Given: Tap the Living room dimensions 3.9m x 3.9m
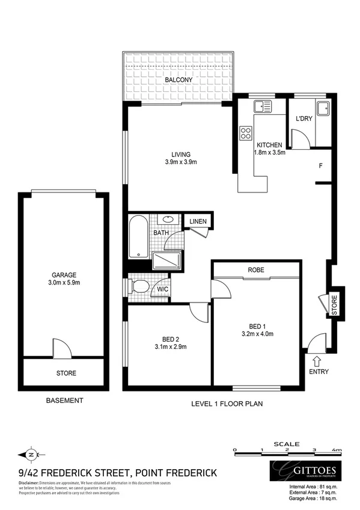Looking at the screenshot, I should pyautogui.click(x=181, y=162).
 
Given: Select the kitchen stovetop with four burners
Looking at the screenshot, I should pyautogui.click(x=245, y=133).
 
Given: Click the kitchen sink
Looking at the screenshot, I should pyautogui.click(x=262, y=108).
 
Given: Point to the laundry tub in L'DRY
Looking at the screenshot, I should pyautogui.click(x=323, y=108).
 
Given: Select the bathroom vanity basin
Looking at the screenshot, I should pyautogui.click(x=169, y=220).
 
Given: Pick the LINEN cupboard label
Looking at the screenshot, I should pyautogui.click(x=198, y=222).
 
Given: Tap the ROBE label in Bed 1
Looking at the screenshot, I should pyautogui.click(x=255, y=271).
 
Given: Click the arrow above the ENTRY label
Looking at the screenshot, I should pyautogui.click(x=316, y=361).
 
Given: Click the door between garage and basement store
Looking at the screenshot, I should pyautogui.click(x=61, y=349).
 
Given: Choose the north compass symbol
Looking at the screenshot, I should pyautogui.click(x=32, y=455).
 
